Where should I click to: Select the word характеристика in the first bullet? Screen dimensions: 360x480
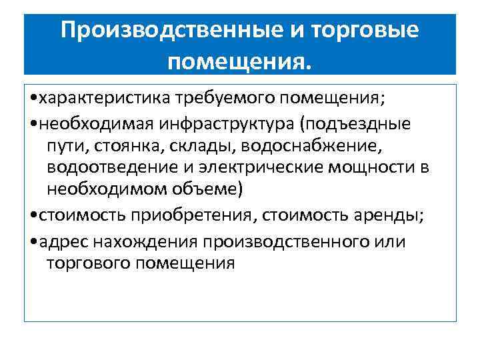[105, 99]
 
